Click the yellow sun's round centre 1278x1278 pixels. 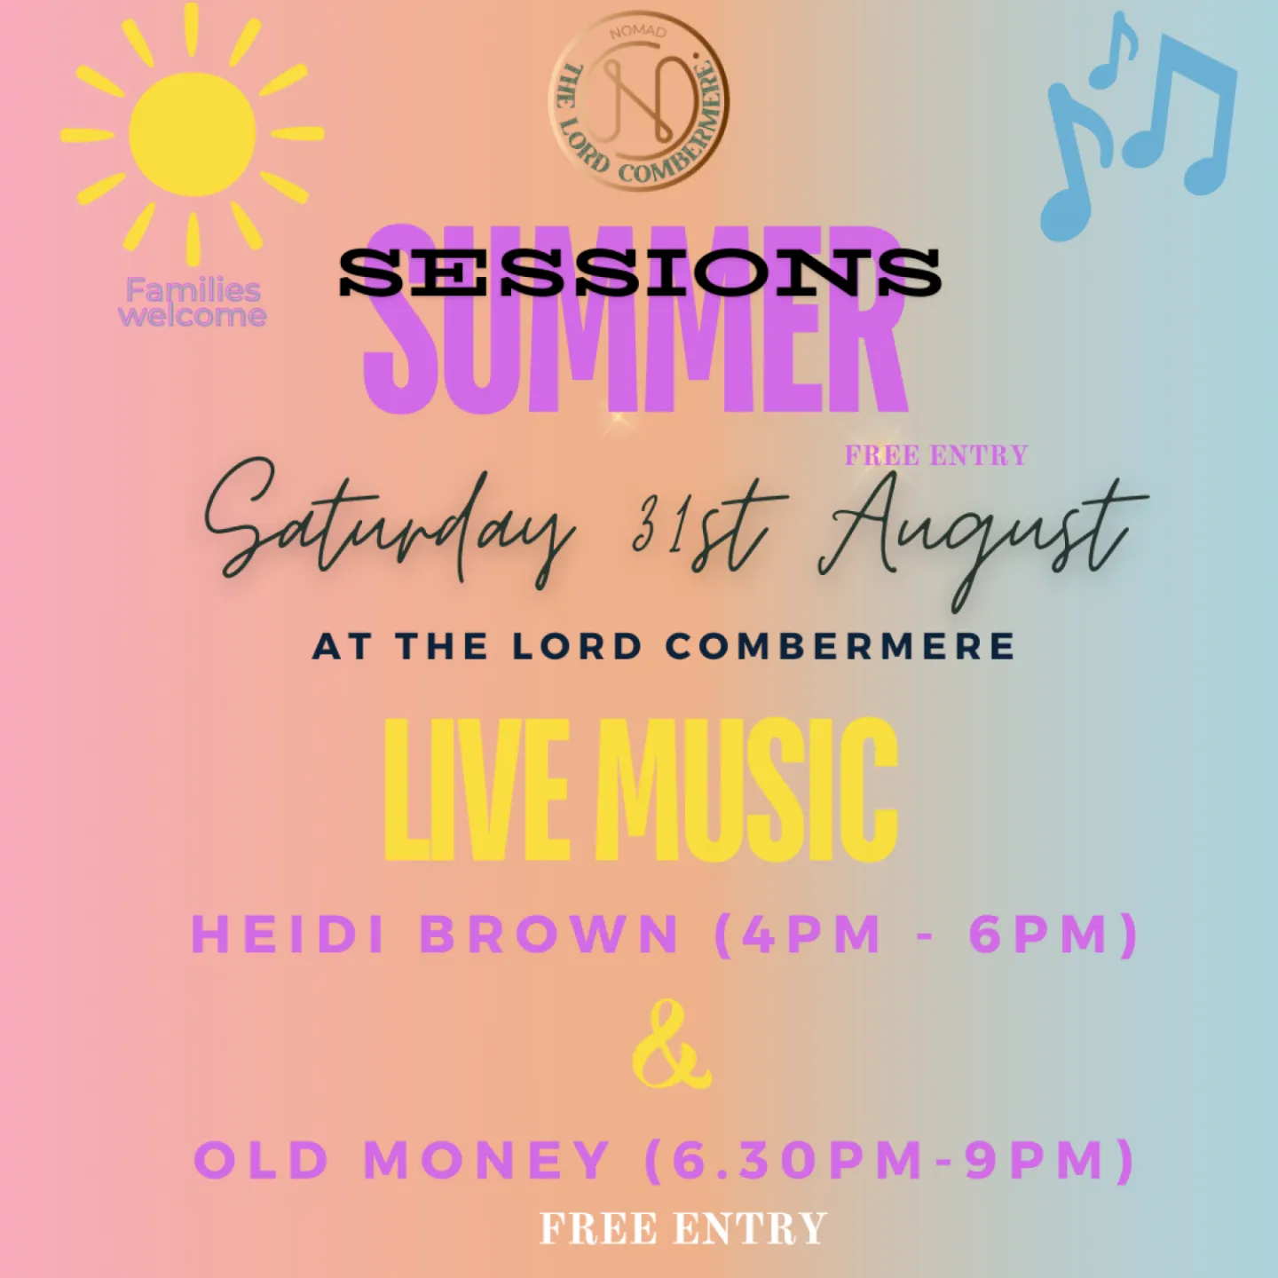[193, 134]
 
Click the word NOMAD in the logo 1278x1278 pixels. [637, 32]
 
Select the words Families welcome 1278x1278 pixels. [193, 303]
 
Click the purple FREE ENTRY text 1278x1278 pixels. [935, 456]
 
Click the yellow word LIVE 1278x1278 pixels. [477, 790]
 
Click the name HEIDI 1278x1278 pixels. [288, 935]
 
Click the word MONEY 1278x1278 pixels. [487, 1160]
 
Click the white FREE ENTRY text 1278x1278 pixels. [682, 1229]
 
